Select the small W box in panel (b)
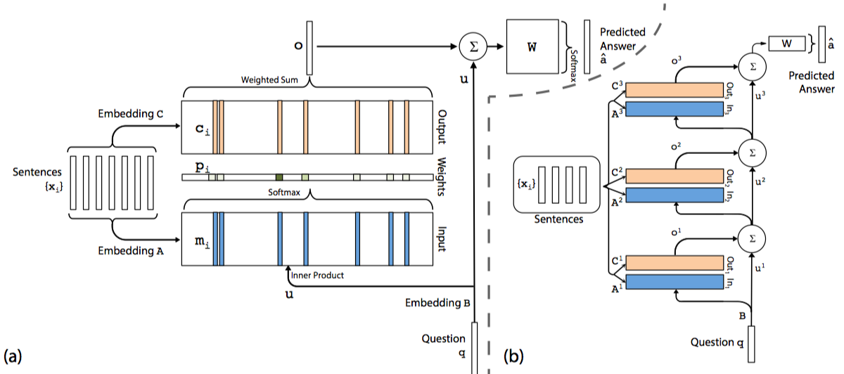[x=787, y=44]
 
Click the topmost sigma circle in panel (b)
[x=751, y=66]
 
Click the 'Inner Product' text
[x=317, y=275]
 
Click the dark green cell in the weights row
[x=279, y=177]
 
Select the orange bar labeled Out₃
[x=675, y=90]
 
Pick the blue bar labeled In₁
[x=675, y=283]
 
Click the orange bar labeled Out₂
[x=675, y=176]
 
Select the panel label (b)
[x=515, y=355]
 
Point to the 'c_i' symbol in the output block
[x=200, y=131]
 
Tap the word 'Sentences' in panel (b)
[x=558, y=219]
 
